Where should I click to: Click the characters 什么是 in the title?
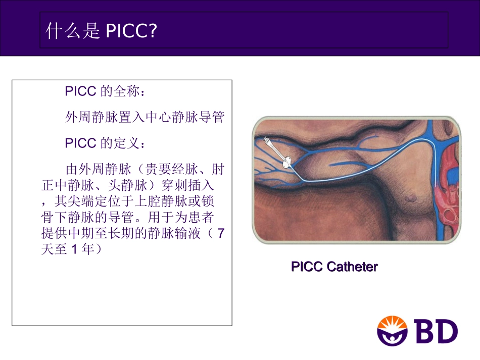coord(73,31)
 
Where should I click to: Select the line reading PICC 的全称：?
coord(107,91)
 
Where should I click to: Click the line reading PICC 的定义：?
coord(107,143)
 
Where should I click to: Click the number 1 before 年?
coord(73,249)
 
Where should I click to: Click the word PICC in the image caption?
coord(307,267)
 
